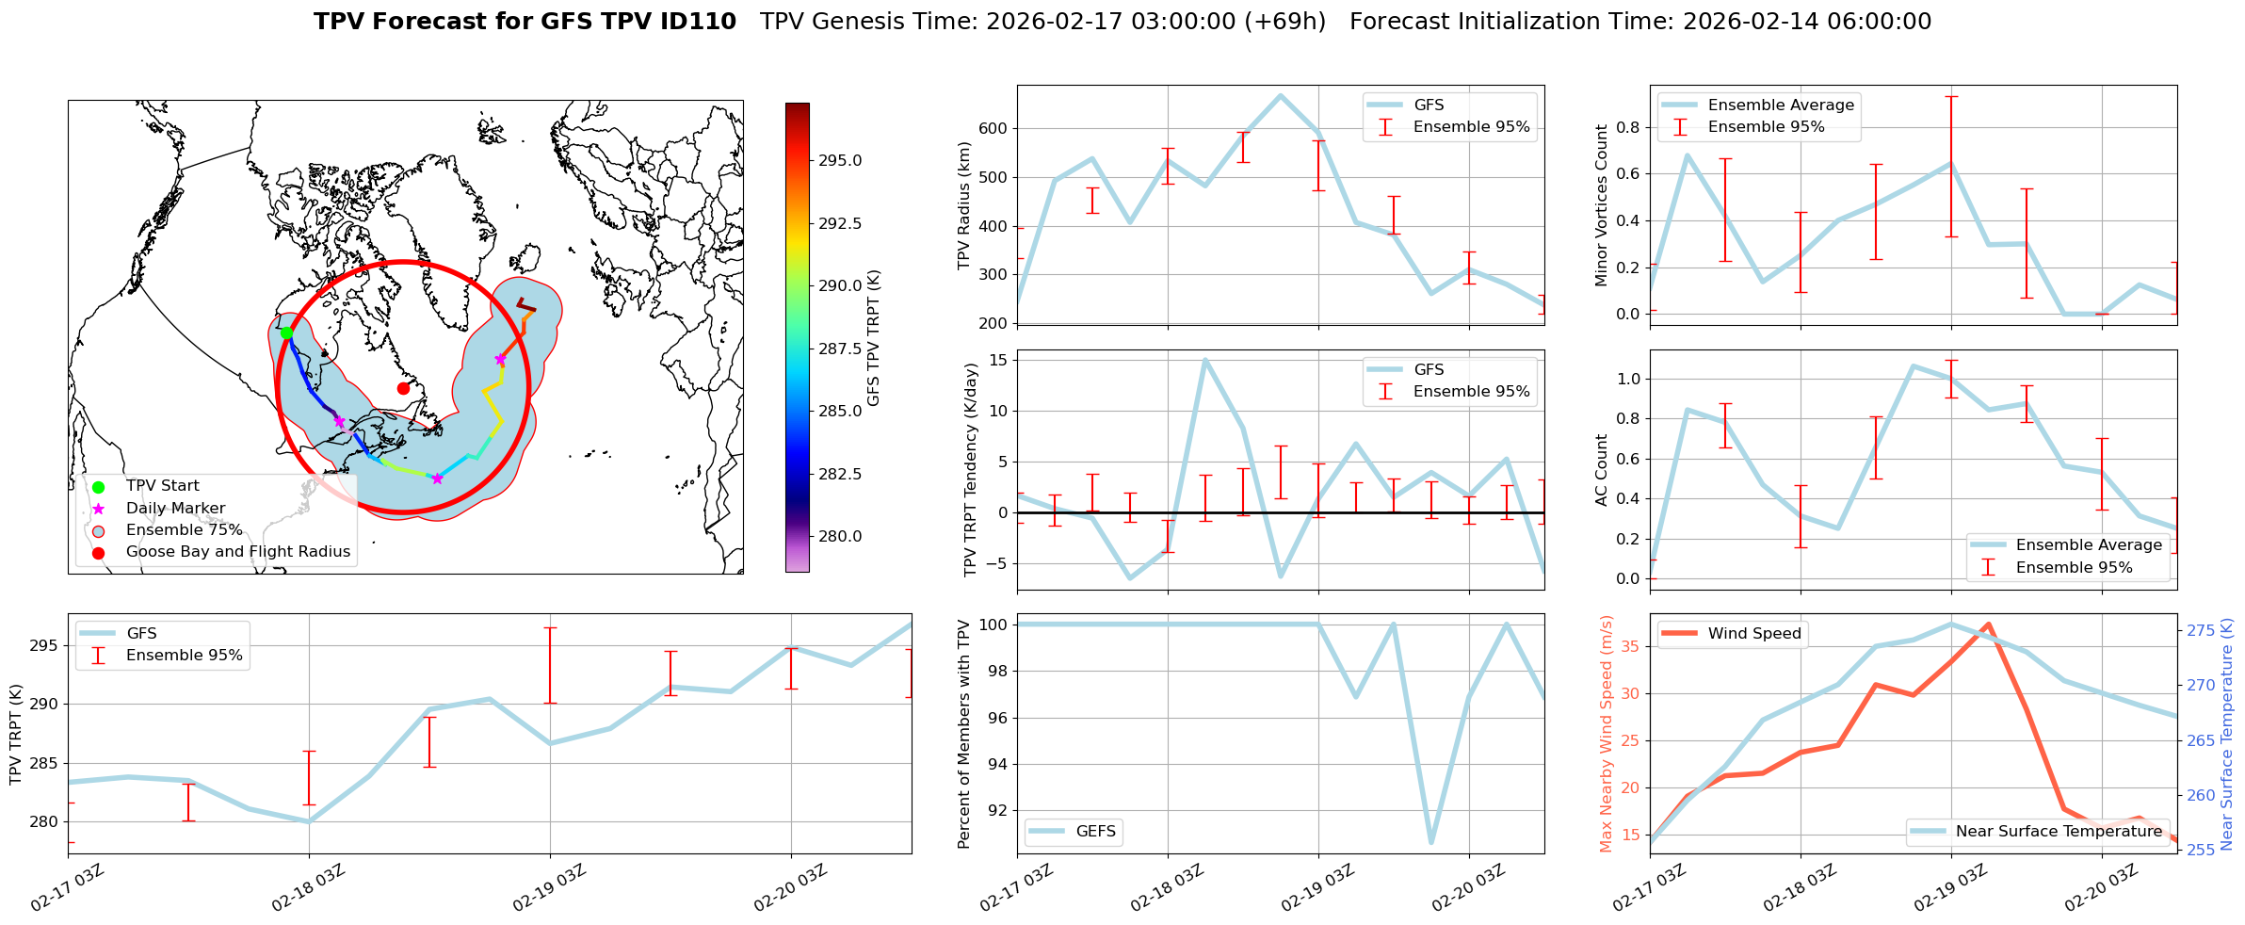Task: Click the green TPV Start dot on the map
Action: coord(286,333)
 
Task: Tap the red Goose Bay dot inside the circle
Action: coord(403,388)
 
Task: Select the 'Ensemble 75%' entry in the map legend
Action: coord(184,530)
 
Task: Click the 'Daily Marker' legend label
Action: coord(175,509)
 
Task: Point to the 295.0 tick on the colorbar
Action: coord(840,161)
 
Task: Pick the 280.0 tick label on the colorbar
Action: coord(840,537)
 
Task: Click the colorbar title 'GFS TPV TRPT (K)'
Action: coord(874,338)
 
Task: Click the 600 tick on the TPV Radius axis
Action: coord(994,129)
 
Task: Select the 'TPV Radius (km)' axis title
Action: coord(963,205)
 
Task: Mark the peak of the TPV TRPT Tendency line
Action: coord(1204,360)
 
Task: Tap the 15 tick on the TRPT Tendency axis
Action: coord(998,360)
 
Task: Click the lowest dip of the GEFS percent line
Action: coord(1430,842)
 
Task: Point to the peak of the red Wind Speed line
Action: coord(1988,625)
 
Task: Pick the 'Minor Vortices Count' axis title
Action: coord(1602,205)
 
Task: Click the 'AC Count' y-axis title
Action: coord(1602,470)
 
